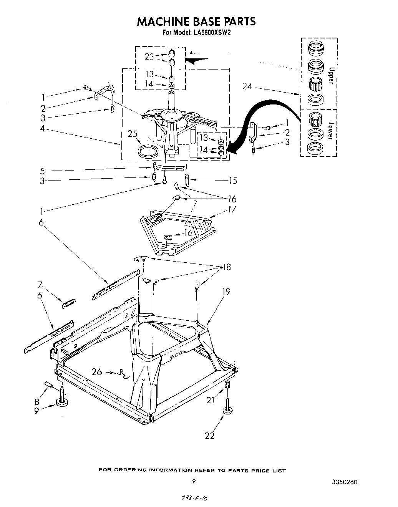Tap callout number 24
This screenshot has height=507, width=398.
coord(248,87)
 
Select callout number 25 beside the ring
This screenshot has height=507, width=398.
coord(133,134)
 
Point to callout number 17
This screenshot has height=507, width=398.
coord(232,209)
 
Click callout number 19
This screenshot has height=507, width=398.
coord(226,292)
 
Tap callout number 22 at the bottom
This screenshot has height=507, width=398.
coord(210,436)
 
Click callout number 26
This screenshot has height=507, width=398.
coord(97,372)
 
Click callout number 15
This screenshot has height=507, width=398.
coord(232,181)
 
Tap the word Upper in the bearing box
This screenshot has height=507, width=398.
coord(331,75)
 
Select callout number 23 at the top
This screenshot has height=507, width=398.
coord(149,57)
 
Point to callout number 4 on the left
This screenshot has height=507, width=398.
coord(43,129)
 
